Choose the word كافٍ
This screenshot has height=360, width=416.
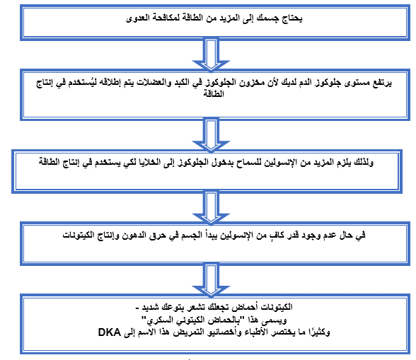click(277, 235)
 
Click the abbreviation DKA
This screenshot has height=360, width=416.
click(109, 332)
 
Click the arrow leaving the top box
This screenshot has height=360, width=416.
click(211, 55)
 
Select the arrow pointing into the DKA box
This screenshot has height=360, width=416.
click(211, 280)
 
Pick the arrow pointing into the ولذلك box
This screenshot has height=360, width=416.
click(211, 136)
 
